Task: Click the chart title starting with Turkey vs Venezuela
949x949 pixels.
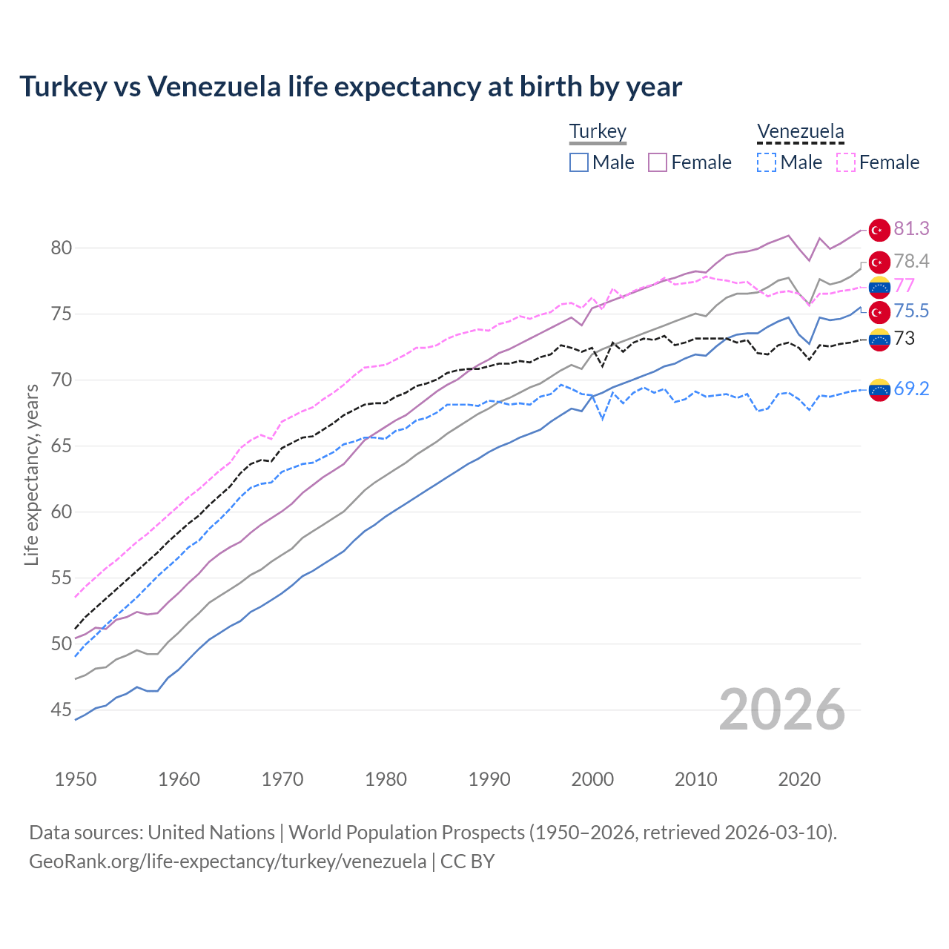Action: click(x=350, y=87)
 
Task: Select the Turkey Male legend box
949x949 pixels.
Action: click(x=579, y=162)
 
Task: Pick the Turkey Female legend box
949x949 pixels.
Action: click(x=658, y=162)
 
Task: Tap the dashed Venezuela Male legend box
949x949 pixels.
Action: click(x=767, y=162)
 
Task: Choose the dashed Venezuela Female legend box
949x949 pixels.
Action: click(x=846, y=162)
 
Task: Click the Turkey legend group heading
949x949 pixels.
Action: click(x=598, y=132)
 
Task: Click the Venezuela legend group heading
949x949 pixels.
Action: click(x=800, y=132)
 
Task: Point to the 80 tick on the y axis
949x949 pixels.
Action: click(x=62, y=248)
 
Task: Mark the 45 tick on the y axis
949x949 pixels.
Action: click(x=62, y=710)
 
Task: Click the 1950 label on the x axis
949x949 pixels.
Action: click(x=76, y=779)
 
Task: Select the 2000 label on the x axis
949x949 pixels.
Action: click(x=592, y=779)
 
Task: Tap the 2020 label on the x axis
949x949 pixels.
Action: click(x=799, y=779)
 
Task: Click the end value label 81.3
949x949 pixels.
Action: click(x=911, y=229)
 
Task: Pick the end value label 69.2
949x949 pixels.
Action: click(x=911, y=388)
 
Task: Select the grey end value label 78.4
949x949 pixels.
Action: click(x=911, y=261)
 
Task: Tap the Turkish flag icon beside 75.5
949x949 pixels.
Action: click(x=879, y=311)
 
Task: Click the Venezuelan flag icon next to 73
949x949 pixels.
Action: click(x=879, y=339)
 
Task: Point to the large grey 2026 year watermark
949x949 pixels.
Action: click(x=782, y=710)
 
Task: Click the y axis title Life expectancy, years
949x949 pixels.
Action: click(x=31, y=474)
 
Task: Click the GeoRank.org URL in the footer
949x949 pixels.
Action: click(x=228, y=862)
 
